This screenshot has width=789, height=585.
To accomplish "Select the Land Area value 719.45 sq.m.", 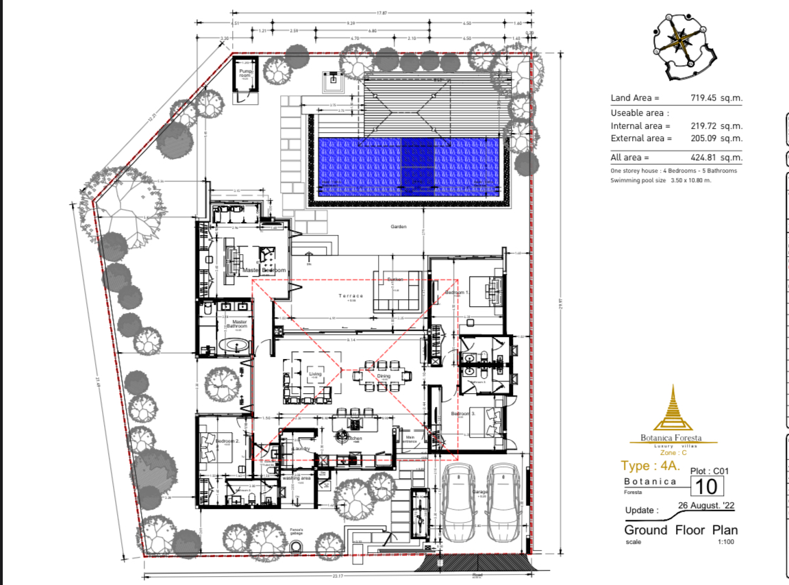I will [716, 99].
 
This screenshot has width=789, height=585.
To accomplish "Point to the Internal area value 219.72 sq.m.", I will [716, 126].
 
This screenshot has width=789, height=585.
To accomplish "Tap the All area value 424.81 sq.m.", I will [716, 158].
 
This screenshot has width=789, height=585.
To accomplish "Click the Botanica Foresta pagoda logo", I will [671, 411].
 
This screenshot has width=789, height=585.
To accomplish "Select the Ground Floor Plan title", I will [680, 530].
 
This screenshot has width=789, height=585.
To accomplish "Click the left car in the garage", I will [458, 504].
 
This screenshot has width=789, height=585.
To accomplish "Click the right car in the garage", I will [503, 504].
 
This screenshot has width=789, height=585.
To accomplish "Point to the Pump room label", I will [246, 72].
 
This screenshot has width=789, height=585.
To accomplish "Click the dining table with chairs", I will [384, 376].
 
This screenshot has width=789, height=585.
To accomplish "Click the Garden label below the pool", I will [399, 226].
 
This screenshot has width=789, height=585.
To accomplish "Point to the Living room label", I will [315, 374].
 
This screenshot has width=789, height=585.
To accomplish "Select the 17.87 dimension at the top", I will [381, 12].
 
